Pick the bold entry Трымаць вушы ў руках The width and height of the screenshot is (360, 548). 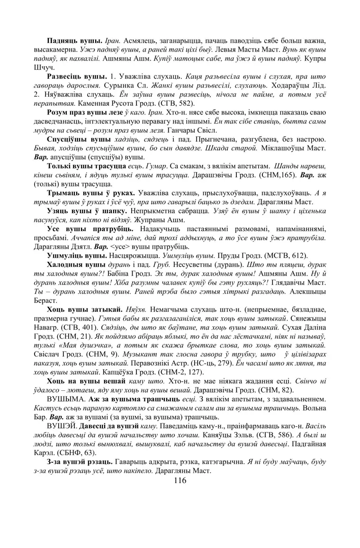(x=91, y=193)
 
